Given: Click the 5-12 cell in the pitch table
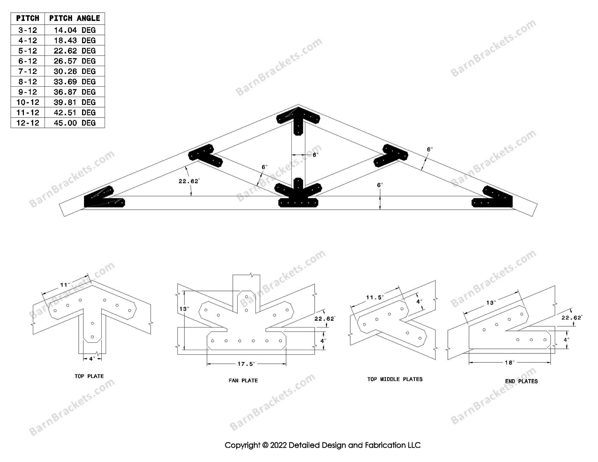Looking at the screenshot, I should coord(28,51).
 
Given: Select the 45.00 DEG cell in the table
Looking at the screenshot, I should coord(74,123).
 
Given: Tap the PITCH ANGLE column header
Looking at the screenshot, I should coord(74,18).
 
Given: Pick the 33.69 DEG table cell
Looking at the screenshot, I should coord(74,82).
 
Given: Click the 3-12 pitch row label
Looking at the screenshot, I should coord(28,30).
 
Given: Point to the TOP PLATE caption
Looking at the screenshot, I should coord(89,376).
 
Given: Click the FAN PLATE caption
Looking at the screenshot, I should coord(243,380).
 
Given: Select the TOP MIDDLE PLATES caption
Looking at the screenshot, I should coord(395,379).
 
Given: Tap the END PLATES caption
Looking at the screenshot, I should coord(521,381).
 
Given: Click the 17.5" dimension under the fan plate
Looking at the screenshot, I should coord(246,364).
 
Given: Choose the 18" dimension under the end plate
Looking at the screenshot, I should coord(509,362).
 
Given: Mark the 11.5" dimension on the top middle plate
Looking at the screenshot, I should coord(375,298).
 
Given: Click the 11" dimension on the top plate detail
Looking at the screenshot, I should coord(65,285).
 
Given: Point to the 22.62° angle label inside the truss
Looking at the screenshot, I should coord(188,181).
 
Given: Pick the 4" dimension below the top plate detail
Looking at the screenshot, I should coord(92,358).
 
